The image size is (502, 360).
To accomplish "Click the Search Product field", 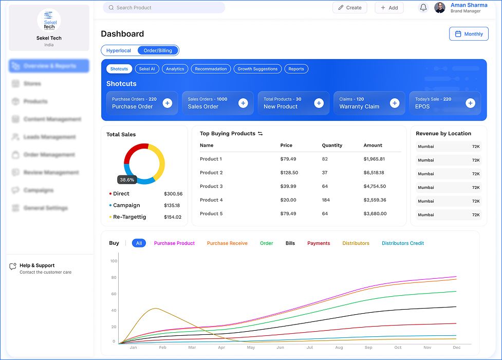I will coord(163,8).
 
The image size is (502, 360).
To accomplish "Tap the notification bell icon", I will coord(423,8).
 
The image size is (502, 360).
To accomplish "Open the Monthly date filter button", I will coord(469,34).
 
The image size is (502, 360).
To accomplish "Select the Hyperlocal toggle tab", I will coord(119,50).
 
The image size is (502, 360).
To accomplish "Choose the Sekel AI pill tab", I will coord(147,69).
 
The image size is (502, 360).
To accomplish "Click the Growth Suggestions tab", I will coord(257,69).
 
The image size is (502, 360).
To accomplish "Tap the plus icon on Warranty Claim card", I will coord(395,103).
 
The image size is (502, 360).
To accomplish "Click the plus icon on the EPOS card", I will coord(470,103).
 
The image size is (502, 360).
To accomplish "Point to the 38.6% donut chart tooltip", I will coord(127,180).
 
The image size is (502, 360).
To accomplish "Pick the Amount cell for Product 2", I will coord(374,173).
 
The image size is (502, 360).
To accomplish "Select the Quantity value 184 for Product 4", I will coord(326,200).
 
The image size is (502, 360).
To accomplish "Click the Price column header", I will coord(286,146).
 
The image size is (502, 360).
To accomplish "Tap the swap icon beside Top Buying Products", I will coord(261,134).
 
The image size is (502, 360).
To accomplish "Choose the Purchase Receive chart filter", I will coord(227,243).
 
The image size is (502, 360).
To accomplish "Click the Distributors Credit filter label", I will coord(403,243).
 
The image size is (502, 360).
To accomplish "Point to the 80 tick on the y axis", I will coord(114,278).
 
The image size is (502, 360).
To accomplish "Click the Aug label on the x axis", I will coord(339,348).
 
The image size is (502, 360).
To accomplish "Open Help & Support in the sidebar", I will coord(37,266).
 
